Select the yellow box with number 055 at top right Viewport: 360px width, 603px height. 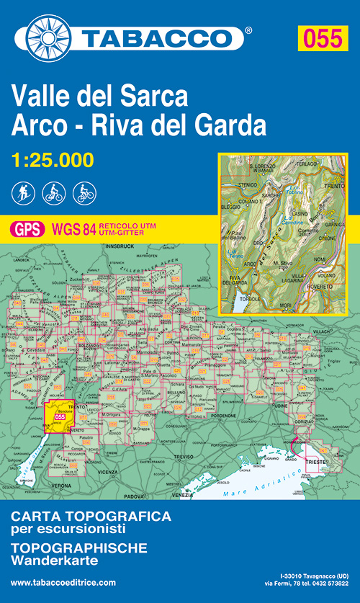pos(321,38)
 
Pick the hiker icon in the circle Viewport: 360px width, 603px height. pos(22,192)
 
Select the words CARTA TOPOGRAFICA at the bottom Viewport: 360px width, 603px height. pos(91,517)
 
